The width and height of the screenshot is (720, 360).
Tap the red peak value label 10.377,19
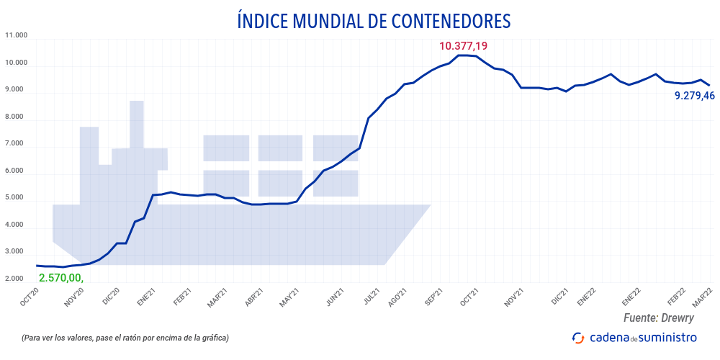pyautogui.click(x=463, y=46)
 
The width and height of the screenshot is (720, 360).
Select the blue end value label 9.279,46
pyautogui.click(x=694, y=95)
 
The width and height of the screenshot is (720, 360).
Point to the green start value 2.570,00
pyautogui.click(x=61, y=277)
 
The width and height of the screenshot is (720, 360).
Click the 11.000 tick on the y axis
pyautogui.click(x=16, y=35)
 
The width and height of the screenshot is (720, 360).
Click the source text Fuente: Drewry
pyautogui.click(x=658, y=318)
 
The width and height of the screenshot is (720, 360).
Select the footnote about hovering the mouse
pyautogui.click(x=126, y=338)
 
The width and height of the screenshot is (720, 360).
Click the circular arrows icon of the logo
pyautogui.click(x=577, y=338)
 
